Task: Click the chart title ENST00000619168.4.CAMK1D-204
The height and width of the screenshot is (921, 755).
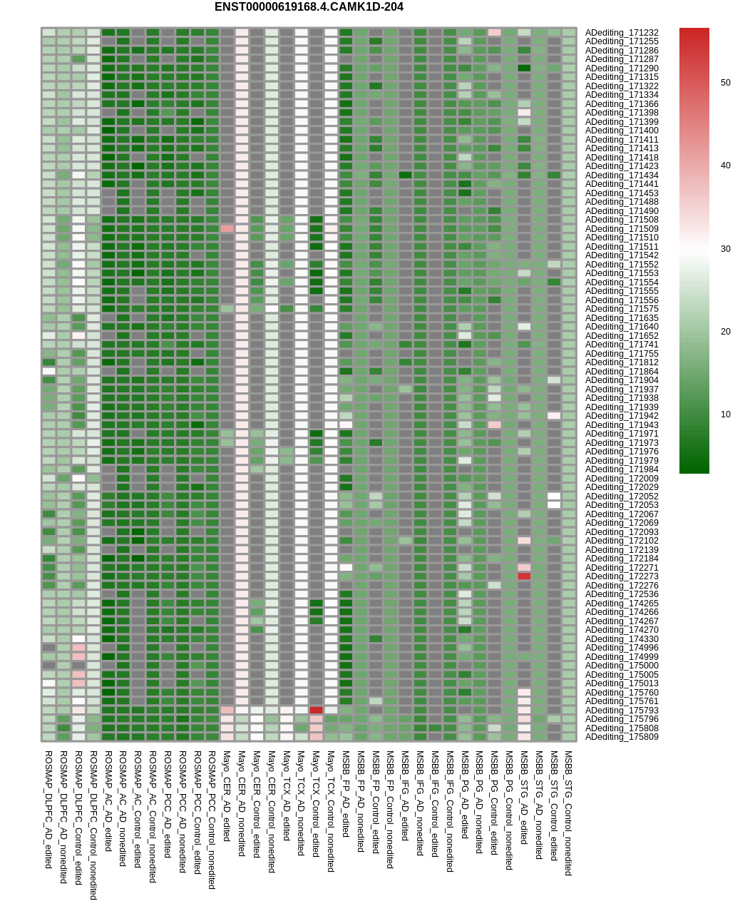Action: pyautogui.click(x=309, y=7)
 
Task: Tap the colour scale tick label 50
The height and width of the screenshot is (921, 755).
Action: pyautogui.click(x=725, y=83)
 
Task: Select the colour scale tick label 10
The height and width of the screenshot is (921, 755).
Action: pyautogui.click(x=725, y=414)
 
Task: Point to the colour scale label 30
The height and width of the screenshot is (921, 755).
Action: pyautogui.click(x=725, y=249)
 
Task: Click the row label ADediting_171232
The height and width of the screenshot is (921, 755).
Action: pyautogui.click(x=622, y=33)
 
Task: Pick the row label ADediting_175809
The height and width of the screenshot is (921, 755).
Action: pyautogui.click(x=622, y=737)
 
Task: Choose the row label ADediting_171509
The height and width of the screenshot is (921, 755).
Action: pyautogui.click(x=622, y=229)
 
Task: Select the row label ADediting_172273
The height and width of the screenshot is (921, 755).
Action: pyautogui.click(x=622, y=576)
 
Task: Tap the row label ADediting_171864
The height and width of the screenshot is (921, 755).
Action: pyautogui.click(x=622, y=372)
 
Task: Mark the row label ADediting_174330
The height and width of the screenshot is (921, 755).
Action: pyautogui.click(x=622, y=639)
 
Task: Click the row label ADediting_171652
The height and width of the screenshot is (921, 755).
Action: pyautogui.click(x=622, y=336)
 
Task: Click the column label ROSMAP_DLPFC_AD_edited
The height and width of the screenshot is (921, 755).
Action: pyautogui.click(x=48, y=809)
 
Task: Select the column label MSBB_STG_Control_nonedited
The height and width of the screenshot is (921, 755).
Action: pyautogui.click(x=568, y=813)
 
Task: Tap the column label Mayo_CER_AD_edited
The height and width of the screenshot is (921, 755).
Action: pyautogui.click(x=227, y=795)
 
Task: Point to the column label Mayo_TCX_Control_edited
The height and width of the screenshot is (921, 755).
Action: pyautogui.click(x=316, y=803)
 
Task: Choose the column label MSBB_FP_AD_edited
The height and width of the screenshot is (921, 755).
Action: pyautogui.click(x=346, y=793)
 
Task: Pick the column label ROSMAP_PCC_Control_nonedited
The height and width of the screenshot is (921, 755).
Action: pyautogui.click(x=212, y=819)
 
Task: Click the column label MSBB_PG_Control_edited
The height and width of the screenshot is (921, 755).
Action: pyautogui.click(x=494, y=803)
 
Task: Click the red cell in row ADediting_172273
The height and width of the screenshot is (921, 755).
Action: pyautogui.click(x=524, y=576)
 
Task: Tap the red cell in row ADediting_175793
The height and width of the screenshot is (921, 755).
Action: pyautogui.click(x=316, y=711)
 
